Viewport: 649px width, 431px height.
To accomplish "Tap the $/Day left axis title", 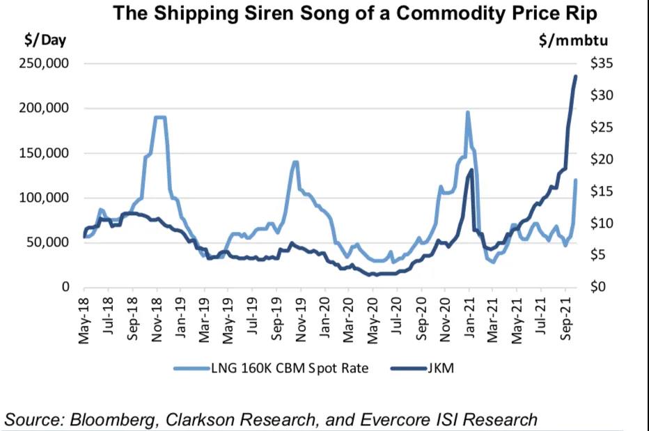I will [45, 40].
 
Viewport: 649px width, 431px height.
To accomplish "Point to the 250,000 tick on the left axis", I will [45, 64].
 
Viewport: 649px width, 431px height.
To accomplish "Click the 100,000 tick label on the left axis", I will [45, 198].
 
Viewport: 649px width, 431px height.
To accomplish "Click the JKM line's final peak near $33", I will [576, 77].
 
